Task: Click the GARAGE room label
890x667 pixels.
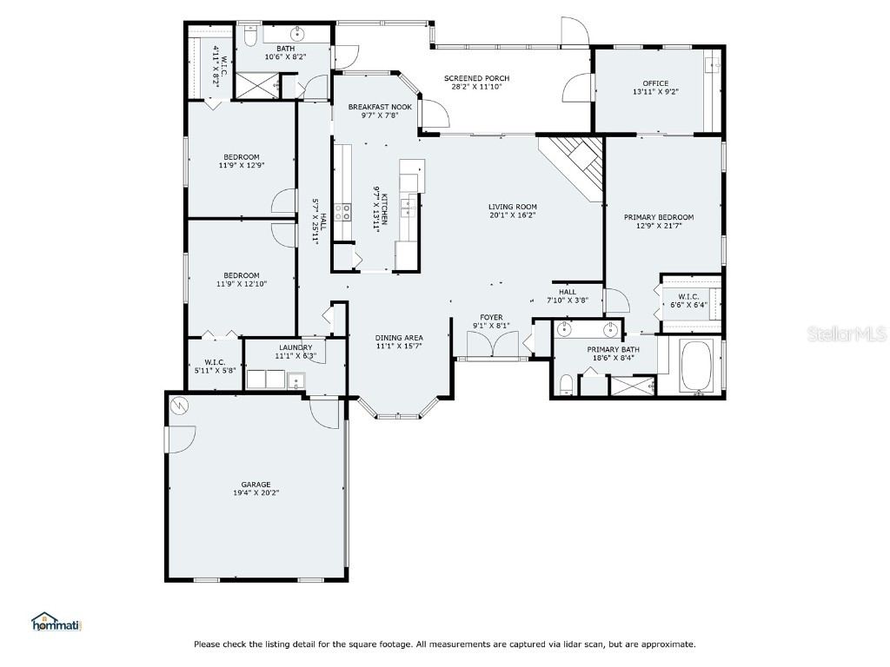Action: [x=256, y=485]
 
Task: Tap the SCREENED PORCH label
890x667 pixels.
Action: [x=477, y=78]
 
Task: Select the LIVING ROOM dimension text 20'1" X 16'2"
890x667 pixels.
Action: [x=513, y=215]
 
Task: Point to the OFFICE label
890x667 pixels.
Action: [x=655, y=83]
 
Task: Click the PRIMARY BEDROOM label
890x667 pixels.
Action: [x=659, y=217]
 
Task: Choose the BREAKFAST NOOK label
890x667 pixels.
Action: [x=381, y=107]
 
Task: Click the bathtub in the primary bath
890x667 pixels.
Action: [x=696, y=367]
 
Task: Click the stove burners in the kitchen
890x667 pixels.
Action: [x=342, y=212]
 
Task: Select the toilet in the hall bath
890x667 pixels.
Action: [x=250, y=35]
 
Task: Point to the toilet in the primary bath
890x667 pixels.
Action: [x=566, y=385]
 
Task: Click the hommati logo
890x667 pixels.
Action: [x=56, y=622]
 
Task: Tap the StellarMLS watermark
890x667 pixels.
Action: [x=847, y=333]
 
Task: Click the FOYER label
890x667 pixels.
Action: [x=492, y=318]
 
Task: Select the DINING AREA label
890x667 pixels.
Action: [x=399, y=338]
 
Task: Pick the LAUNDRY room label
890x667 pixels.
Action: [x=296, y=347]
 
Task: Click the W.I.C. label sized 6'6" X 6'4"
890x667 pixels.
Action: [x=688, y=297]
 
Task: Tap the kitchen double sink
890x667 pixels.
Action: [x=408, y=208]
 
